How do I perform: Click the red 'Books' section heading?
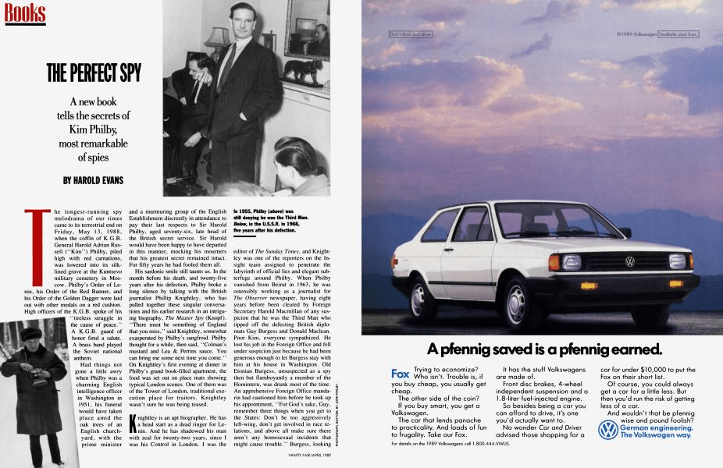point(23,12)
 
